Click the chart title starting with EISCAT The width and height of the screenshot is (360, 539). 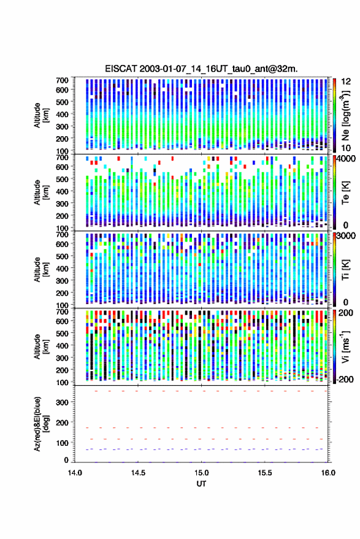pyautogui.click(x=201, y=69)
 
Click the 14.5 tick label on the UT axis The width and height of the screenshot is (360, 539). pyautogui.click(x=138, y=473)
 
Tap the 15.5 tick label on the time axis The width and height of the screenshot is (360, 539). pyautogui.click(x=264, y=473)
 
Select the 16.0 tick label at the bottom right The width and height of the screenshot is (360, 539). pyautogui.click(x=328, y=473)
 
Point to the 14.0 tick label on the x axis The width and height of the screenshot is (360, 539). pyautogui.click(x=75, y=473)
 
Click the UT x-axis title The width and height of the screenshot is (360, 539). pyautogui.click(x=201, y=484)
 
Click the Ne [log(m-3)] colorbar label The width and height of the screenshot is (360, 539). pyautogui.click(x=345, y=115)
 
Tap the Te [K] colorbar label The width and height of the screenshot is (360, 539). pyautogui.click(x=345, y=192)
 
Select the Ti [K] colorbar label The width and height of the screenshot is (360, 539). pyautogui.click(x=345, y=270)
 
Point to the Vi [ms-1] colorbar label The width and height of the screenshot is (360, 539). pyautogui.click(x=345, y=346)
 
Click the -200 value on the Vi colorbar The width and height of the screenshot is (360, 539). pyautogui.click(x=345, y=379)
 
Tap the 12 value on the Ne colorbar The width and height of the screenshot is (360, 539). pyautogui.click(x=347, y=82)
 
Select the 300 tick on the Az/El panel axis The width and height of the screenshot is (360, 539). pyautogui.click(x=62, y=402)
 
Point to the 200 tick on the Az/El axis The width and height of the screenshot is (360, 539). pyautogui.click(x=62, y=422)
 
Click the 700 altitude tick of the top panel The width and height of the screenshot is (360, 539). pyautogui.click(x=62, y=80)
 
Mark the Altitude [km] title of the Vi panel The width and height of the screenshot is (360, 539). pyautogui.click(x=41, y=346)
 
